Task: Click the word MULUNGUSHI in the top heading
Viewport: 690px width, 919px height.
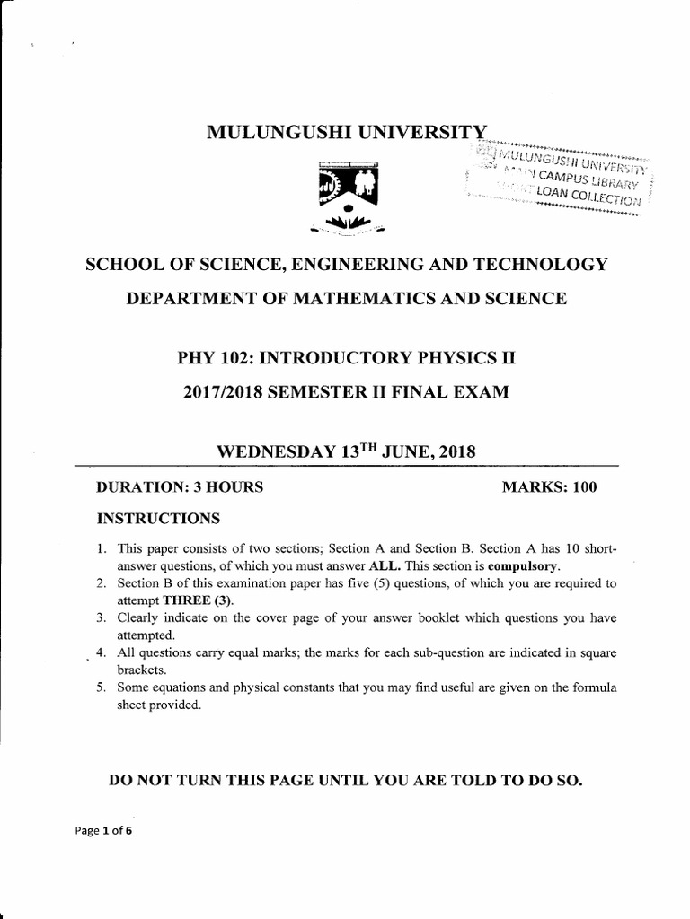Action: (276, 134)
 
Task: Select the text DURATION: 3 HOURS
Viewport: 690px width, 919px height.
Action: (180, 487)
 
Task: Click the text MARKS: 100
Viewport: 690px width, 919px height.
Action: (549, 487)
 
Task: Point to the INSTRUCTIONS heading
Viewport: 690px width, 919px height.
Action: (158, 519)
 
